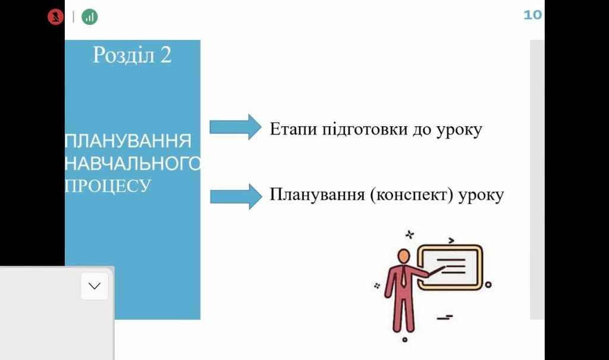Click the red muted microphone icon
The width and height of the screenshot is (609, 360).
tap(55, 17)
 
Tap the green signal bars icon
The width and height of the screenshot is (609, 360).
tap(90, 17)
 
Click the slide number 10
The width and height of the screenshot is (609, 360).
tap(532, 15)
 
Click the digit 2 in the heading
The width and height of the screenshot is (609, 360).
tap(165, 55)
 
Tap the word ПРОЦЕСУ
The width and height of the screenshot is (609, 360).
tap(108, 185)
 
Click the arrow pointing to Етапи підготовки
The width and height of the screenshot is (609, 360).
tap(236, 127)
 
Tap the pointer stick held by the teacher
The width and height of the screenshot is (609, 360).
tap(437, 273)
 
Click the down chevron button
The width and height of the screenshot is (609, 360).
tap(95, 286)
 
